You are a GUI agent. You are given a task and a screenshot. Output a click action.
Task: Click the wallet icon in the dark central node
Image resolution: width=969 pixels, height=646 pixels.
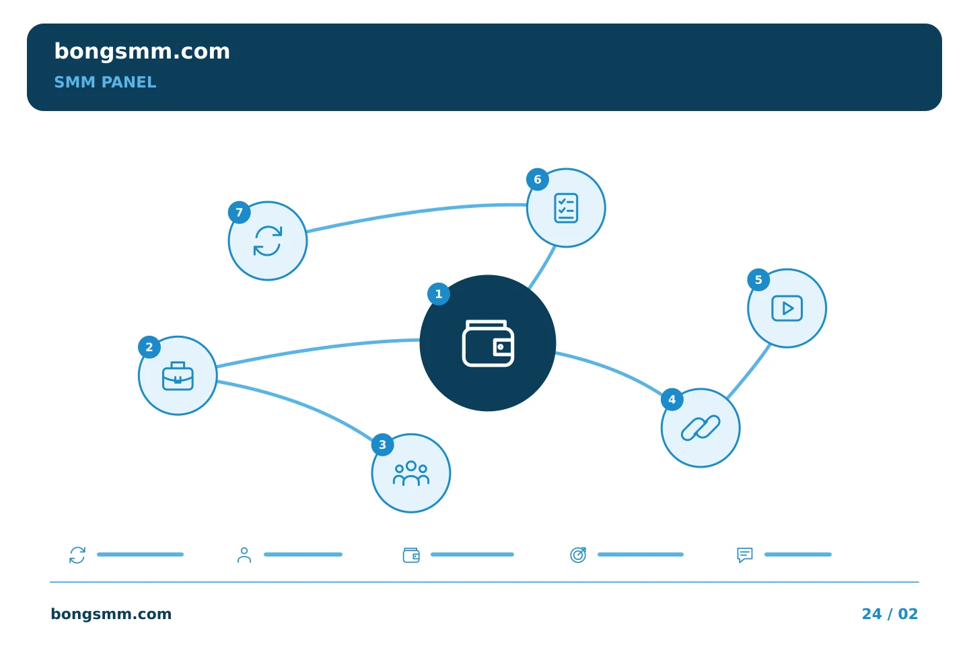(x=488, y=343)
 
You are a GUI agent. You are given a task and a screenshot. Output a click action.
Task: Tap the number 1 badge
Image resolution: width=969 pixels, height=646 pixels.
(x=439, y=294)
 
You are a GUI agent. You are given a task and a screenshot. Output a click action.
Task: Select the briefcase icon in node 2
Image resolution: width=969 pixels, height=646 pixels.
(x=178, y=376)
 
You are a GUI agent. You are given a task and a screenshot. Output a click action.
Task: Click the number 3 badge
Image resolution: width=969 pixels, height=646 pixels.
(x=382, y=445)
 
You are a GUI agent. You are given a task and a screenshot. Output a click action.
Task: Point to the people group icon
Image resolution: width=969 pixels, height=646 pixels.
(x=411, y=473)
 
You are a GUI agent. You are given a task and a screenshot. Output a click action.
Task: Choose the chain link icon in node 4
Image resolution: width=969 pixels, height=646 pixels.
(x=701, y=428)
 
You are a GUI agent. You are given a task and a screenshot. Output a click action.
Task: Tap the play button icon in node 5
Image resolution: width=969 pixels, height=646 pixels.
(x=787, y=308)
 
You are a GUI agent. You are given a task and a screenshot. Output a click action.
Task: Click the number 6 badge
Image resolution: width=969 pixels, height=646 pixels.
(x=538, y=180)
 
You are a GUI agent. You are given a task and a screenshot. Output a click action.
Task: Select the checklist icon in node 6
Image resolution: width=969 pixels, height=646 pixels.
(x=566, y=208)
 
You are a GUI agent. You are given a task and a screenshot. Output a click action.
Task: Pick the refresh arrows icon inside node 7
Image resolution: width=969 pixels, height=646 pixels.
(x=268, y=241)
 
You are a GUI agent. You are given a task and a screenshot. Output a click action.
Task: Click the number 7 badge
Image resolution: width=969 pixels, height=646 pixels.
(x=240, y=213)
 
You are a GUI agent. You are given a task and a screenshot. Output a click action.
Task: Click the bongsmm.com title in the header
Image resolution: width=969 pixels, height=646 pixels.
(x=142, y=52)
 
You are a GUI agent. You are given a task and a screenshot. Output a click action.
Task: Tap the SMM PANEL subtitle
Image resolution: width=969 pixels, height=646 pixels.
(x=105, y=82)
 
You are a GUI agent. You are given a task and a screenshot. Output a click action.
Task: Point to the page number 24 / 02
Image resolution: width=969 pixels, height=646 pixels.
(x=890, y=614)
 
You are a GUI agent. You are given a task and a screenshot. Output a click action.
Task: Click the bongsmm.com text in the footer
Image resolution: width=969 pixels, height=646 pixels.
(x=111, y=614)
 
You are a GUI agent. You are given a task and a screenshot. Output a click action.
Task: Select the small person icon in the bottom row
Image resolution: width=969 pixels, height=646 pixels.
(x=244, y=554)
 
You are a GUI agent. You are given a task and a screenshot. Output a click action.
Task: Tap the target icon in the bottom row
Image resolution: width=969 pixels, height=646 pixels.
(x=578, y=554)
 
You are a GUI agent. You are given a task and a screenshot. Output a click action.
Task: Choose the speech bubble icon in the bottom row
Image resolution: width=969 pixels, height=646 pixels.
(x=745, y=555)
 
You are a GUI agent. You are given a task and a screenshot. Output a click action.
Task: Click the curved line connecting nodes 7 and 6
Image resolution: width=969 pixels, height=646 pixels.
(x=415, y=212)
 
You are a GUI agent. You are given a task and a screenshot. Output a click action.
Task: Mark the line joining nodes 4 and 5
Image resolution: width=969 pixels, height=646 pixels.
(x=749, y=371)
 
